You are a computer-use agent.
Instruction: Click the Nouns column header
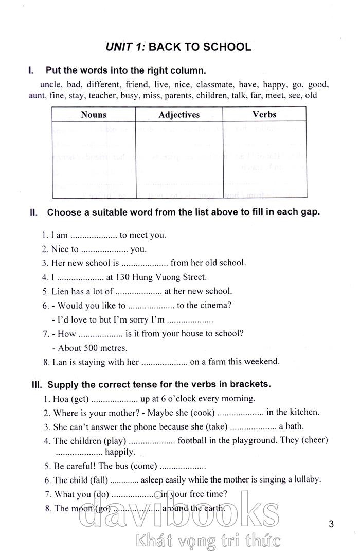pyautogui.click(x=93, y=115)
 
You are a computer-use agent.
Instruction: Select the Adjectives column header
pyautogui.click(x=179, y=115)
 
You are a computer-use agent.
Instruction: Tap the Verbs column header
pyautogui.click(x=264, y=114)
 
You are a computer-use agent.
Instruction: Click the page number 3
pyautogui.click(x=331, y=524)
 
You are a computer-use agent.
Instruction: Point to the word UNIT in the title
pyautogui.click(x=119, y=47)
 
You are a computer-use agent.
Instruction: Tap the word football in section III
pyautogui.click(x=194, y=440)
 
